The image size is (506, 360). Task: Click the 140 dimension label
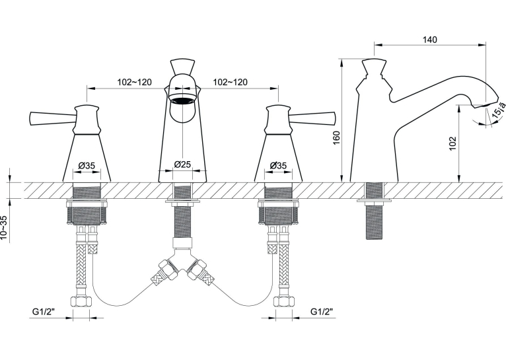pos(430,40)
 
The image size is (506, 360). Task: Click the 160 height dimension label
pos(336,138)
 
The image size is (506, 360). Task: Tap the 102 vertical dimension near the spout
pos(452,143)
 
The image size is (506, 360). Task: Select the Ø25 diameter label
pos(183,164)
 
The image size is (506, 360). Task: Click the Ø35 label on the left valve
pos(87,166)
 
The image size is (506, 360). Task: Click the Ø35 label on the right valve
pos(278,166)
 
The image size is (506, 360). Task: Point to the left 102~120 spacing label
pos(134,83)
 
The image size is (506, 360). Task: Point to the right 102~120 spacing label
pos(230,83)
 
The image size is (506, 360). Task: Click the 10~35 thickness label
pos(4,228)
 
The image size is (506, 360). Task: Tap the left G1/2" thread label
pos(44,312)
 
